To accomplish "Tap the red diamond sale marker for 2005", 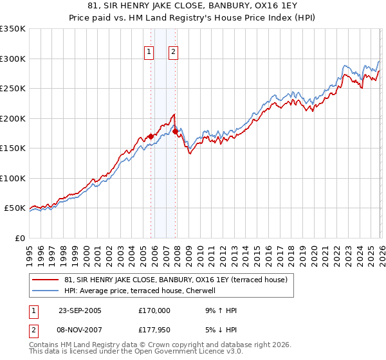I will [151, 136].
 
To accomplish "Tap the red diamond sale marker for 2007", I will [175, 132].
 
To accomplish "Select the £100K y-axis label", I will [13, 178].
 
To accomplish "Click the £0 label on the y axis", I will [19, 238].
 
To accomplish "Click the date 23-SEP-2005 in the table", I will [80, 310].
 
